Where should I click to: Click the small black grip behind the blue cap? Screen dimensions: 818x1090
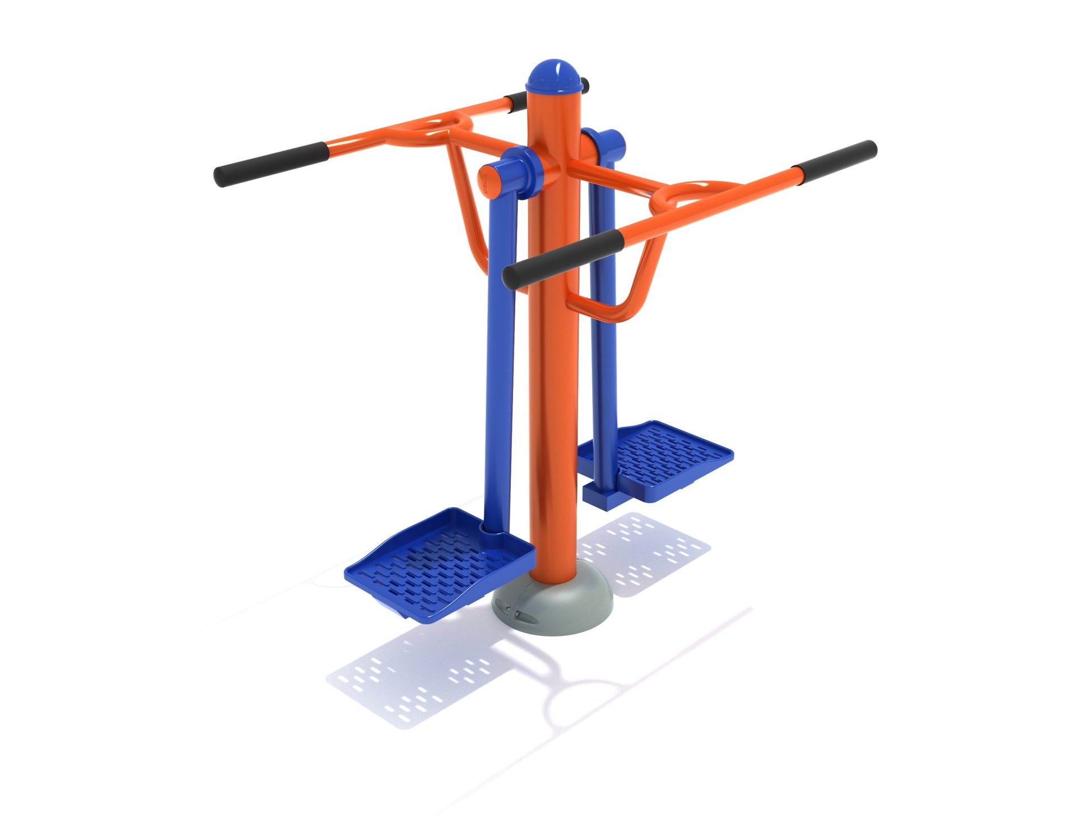pyautogui.click(x=584, y=85)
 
